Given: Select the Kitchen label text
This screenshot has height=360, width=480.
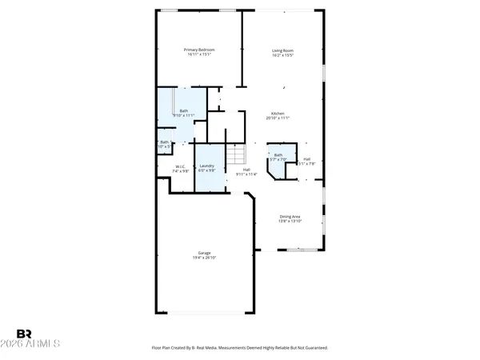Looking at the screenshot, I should pyautogui.click(x=278, y=113).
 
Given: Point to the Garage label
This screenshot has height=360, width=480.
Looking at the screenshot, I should pyautogui.click(x=205, y=253).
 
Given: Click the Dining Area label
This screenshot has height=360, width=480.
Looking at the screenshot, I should pyautogui.click(x=290, y=215).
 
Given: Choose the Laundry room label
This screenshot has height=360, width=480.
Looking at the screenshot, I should pyautogui.click(x=207, y=166).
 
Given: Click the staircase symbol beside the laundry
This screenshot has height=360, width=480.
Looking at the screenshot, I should pyautogui.click(x=235, y=154).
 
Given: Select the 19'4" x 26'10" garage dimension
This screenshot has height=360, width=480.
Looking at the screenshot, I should pyautogui.click(x=205, y=258).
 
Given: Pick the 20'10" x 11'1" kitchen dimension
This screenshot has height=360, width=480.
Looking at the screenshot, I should pyautogui.click(x=278, y=118).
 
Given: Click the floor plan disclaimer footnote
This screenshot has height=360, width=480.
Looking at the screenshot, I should pyautogui.click(x=240, y=348).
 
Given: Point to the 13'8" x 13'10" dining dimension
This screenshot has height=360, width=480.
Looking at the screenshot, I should pyautogui.click(x=290, y=221).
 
